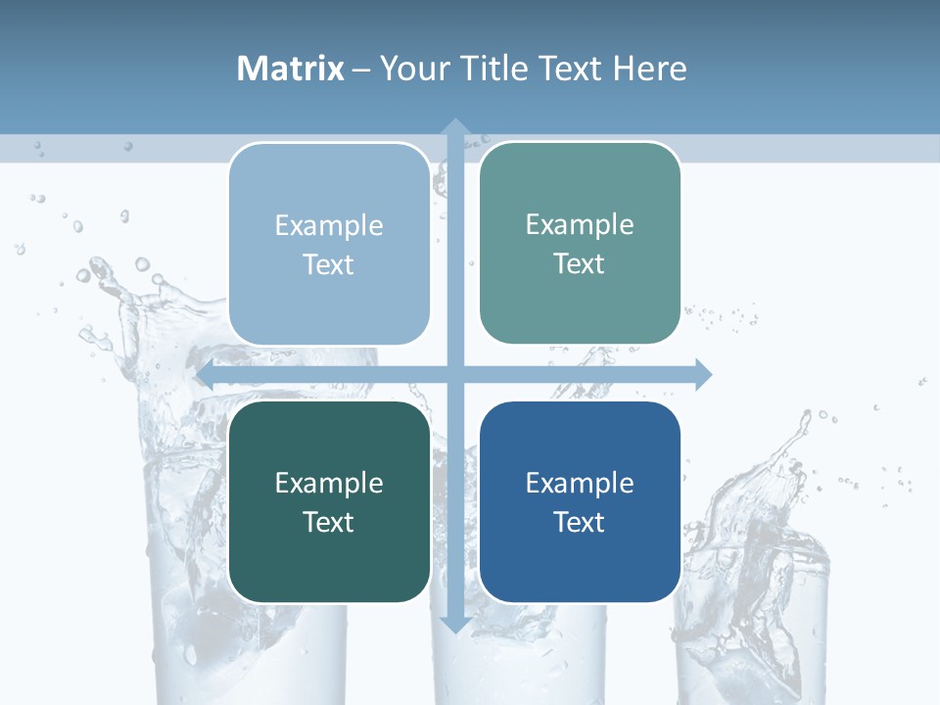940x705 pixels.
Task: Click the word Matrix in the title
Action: (291, 69)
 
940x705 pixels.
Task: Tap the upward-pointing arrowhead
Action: (454, 127)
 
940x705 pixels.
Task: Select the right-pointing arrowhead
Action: (702, 374)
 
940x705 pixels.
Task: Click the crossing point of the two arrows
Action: (454, 374)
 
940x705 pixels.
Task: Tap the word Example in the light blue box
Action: (329, 226)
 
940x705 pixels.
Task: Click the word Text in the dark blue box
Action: (580, 523)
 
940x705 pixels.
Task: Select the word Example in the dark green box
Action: (329, 484)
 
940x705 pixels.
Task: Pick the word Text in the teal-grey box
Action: (580, 264)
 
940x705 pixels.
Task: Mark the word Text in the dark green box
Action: (329, 523)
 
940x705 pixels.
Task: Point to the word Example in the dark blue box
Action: (580, 484)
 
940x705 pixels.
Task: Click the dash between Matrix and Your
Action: (361, 70)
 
